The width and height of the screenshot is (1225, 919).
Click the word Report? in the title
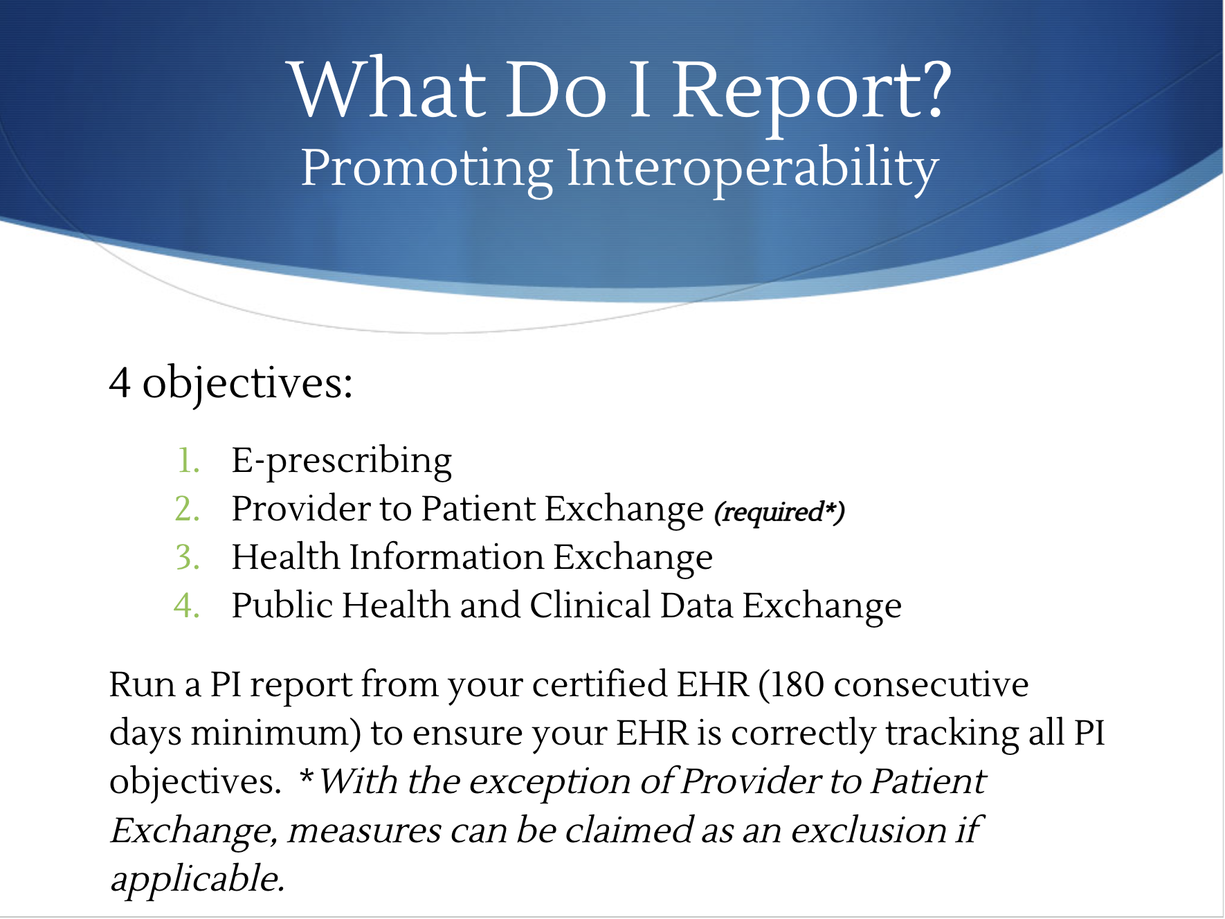click(x=813, y=93)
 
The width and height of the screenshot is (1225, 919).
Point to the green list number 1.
click(x=188, y=461)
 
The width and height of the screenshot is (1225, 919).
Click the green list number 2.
click(x=187, y=509)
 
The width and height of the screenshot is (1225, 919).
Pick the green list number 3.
click(x=188, y=557)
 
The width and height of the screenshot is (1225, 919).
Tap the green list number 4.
click(x=187, y=606)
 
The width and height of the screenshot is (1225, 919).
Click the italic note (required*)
click(x=779, y=513)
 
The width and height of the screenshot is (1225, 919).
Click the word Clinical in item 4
click(x=590, y=606)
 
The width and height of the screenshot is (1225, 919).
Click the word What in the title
click(x=388, y=91)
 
